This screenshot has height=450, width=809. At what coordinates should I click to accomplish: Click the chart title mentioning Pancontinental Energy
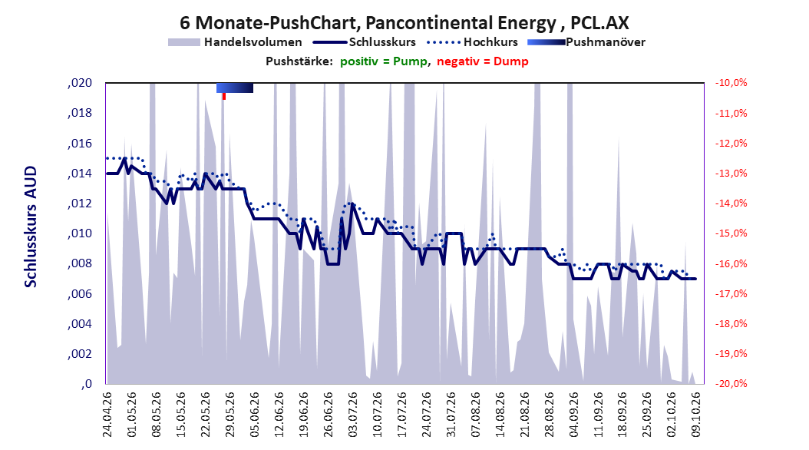tap(404, 23)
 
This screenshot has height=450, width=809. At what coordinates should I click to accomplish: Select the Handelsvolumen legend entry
tap(236, 42)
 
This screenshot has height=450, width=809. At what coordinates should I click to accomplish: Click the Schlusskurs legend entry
tap(365, 42)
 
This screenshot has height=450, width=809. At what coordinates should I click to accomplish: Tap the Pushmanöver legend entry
tap(586, 42)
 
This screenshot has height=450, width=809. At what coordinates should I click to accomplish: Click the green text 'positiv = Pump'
tap(384, 61)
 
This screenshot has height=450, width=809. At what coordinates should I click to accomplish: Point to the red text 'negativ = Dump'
tap(483, 61)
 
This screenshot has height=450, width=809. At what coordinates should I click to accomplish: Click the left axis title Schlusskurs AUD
tap(31, 227)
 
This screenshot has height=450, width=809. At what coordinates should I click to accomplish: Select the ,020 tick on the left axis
tap(80, 83)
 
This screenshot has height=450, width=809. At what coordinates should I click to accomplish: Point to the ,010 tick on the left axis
tap(80, 233)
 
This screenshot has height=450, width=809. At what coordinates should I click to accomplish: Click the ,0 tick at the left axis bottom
tap(87, 384)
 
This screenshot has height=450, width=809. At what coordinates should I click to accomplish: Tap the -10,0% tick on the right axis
tap(731, 83)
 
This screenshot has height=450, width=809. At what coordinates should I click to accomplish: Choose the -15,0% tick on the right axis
tap(731, 233)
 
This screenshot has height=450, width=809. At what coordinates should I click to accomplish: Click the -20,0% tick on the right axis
tap(731, 384)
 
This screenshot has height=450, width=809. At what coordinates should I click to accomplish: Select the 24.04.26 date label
tap(107, 415)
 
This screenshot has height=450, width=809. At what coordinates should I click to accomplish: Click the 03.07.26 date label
tap(353, 415)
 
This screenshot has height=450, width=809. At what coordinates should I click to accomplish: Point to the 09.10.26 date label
tap(696, 415)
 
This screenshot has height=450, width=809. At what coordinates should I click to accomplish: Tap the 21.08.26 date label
tap(525, 415)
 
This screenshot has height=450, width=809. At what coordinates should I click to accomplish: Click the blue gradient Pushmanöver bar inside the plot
tap(235, 88)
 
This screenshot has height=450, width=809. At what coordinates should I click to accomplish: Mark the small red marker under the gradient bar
tap(224, 97)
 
